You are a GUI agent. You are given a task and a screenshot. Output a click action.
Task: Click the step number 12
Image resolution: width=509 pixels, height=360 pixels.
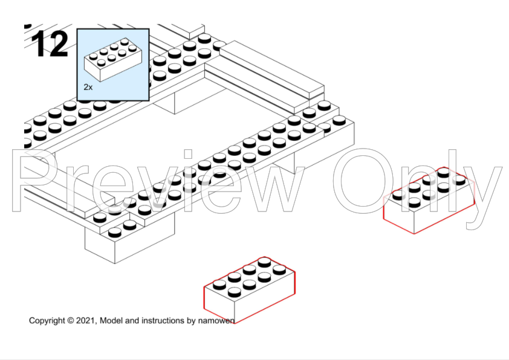(50, 43)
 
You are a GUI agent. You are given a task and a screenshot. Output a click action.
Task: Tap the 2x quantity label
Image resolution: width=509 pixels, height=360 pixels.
(88, 87)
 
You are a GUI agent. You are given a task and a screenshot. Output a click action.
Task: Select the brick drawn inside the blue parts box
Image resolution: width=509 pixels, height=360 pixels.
(112, 60)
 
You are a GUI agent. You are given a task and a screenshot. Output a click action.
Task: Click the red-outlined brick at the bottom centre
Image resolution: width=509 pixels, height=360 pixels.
(249, 289)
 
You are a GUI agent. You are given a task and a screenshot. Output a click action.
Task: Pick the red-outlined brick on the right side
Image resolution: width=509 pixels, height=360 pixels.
(429, 200)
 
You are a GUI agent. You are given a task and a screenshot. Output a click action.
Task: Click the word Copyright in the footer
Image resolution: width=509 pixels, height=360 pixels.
(47, 321)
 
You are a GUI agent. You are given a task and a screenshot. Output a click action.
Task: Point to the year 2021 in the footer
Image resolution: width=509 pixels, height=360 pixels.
(86, 321)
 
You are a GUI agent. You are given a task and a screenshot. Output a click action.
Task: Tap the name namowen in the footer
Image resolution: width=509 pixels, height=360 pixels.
(216, 321)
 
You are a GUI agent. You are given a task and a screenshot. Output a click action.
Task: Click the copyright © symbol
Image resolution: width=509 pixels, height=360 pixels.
(71, 321)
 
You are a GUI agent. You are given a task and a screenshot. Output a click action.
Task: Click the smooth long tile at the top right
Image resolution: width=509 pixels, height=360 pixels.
(272, 69)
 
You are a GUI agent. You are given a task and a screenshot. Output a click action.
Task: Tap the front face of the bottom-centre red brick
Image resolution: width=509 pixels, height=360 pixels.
(219, 304)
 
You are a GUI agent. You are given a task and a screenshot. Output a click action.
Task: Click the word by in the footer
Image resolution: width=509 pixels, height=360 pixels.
(191, 321)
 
